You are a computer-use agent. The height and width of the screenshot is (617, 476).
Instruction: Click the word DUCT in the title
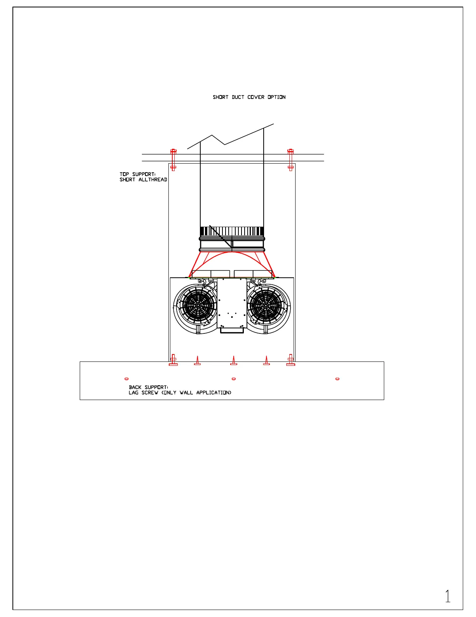(238, 97)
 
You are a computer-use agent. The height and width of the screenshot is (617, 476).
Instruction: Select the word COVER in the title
(255, 97)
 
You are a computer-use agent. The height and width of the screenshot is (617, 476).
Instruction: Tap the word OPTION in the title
(276, 97)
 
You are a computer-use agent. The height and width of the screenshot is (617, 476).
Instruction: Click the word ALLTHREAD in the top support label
(153, 180)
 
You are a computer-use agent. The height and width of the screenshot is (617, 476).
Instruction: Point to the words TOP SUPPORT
(137, 174)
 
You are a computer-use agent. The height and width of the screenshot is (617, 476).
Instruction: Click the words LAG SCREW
(143, 393)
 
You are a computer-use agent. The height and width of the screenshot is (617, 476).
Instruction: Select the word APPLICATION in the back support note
(213, 393)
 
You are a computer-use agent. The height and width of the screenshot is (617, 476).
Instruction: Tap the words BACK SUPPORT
(148, 387)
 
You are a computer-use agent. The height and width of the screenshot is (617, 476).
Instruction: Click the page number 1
(448, 596)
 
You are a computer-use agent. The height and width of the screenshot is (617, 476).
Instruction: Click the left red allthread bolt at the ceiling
(173, 159)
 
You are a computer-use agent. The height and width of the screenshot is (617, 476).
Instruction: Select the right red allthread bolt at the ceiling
(290, 159)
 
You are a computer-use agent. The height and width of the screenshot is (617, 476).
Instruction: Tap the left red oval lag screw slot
(126, 379)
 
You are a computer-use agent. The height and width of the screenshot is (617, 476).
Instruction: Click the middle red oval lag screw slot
(234, 379)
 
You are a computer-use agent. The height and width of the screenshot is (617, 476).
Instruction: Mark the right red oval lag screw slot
(338, 379)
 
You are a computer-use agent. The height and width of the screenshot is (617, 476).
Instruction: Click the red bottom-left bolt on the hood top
(173, 360)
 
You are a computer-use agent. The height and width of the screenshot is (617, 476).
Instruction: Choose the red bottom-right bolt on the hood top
(290, 360)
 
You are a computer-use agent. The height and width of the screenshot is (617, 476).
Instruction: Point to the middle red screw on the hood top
(234, 361)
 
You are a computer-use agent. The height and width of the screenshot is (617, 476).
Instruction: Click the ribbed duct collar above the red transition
(232, 231)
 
